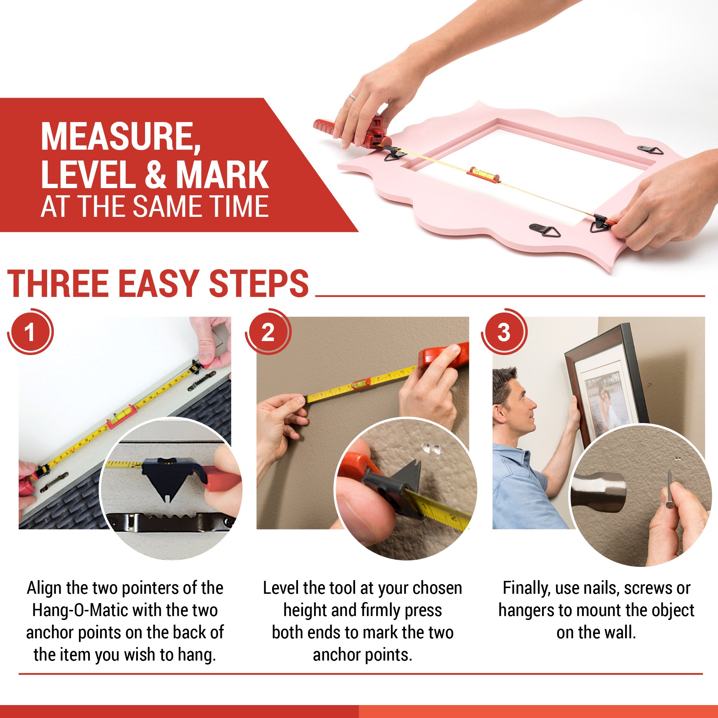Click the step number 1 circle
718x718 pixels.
tap(30, 332)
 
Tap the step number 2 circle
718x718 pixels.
tap(267, 332)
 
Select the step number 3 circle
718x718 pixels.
tap(504, 332)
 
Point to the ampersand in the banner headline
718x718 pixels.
tap(155, 174)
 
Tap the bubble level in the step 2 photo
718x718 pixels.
tap(359, 384)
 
